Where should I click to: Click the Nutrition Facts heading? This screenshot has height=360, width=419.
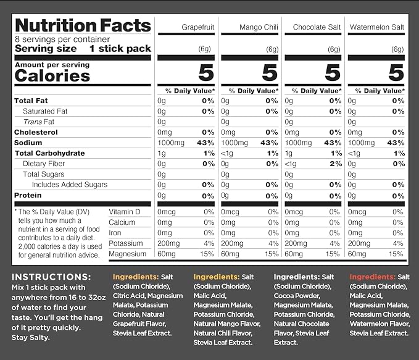click(83, 25)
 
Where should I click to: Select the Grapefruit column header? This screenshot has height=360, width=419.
click(197, 27)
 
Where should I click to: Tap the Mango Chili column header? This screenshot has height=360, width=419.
click(259, 27)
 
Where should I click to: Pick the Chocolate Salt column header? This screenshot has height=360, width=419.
click(317, 27)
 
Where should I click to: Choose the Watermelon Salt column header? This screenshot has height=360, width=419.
click(377, 27)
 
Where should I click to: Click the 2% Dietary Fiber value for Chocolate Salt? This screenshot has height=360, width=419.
click(335, 164)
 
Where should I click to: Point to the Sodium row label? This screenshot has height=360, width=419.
click(28, 143)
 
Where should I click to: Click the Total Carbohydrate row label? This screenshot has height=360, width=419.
click(50, 153)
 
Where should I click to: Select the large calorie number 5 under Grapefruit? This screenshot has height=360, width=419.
click(206, 72)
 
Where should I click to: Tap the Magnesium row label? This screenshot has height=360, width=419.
click(128, 254)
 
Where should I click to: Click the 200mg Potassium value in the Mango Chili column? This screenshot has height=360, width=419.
click(232, 243)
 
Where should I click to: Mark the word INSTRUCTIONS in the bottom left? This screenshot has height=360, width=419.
click(51, 277)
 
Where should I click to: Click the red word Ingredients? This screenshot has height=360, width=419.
click(372, 277)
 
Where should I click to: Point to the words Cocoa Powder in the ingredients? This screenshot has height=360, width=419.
click(297, 296)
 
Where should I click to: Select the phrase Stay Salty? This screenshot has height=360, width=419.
click(30, 338)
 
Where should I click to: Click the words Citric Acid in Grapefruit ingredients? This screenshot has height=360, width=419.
click(128, 296)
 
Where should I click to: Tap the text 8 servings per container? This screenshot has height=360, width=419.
click(62, 40)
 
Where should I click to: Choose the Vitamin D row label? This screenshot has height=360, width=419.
click(124, 212)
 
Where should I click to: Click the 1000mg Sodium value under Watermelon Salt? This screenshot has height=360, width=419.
click(361, 143)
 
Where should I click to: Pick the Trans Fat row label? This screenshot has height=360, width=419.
click(39, 122)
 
